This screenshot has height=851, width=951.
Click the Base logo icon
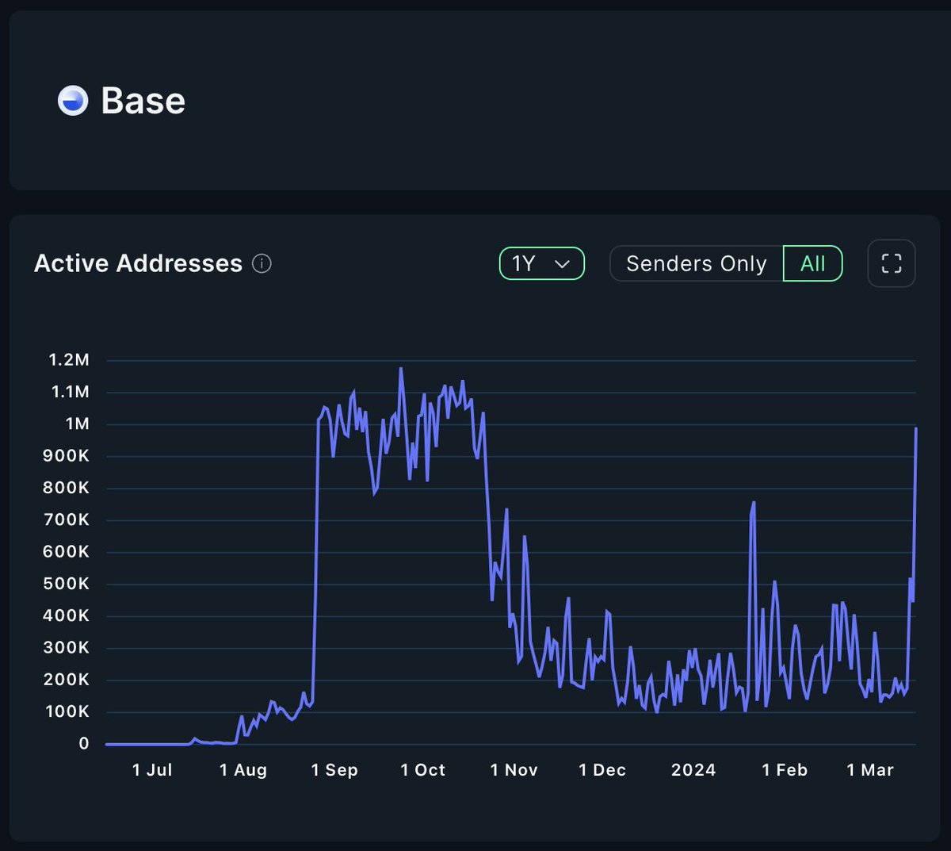[x=73, y=101]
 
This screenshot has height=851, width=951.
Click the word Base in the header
[x=143, y=101]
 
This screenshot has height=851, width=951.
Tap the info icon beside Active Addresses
[x=262, y=263]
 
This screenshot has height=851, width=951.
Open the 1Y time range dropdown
[x=541, y=263]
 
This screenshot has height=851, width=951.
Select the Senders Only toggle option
[x=696, y=263]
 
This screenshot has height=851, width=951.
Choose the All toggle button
[x=812, y=263]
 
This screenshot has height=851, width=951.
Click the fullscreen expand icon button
[x=892, y=263]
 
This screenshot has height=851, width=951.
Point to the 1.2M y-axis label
[x=69, y=360]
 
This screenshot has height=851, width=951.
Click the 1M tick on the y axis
[x=77, y=424]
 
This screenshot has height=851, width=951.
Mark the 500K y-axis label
[x=66, y=584]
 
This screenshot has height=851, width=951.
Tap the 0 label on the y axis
[x=84, y=744]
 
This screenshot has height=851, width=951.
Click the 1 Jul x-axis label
[x=152, y=770]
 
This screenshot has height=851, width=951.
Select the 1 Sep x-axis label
[x=334, y=770]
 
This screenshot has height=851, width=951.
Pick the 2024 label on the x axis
[x=693, y=770]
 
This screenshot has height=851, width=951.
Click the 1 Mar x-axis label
[x=870, y=770]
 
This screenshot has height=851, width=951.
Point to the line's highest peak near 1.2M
[x=401, y=368]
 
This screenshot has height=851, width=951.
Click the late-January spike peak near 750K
[x=754, y=503]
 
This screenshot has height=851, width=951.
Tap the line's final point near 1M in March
[x=916, y=429]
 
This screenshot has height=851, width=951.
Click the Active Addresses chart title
[x=138, y=263]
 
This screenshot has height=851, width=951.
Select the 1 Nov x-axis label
[x=514, y=770]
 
